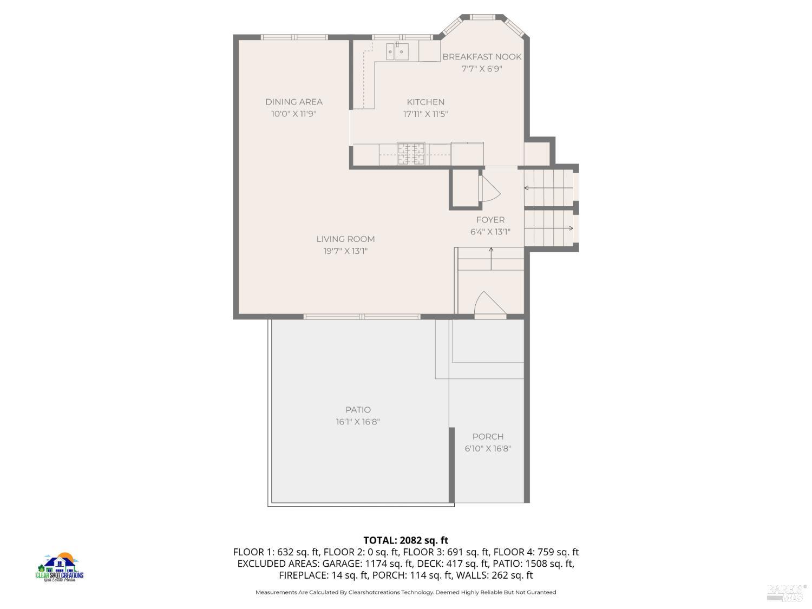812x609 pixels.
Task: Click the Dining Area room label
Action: pos(293,102)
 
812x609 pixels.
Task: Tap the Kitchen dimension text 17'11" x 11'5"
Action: pos(425,114)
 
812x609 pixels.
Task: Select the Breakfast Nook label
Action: pos(482,57)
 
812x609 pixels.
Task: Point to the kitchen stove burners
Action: pos(411,153)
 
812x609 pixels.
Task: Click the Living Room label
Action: pos(345,239)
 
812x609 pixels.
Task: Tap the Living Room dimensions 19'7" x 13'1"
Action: pos(345,251)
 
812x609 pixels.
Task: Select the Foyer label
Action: pos(490,220)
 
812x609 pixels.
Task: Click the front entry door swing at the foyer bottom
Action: pos(489,304)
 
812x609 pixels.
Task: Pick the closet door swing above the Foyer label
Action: pos(489,188)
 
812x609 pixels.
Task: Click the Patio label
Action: pos(358,410)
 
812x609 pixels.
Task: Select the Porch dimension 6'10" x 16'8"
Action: pos(488,449)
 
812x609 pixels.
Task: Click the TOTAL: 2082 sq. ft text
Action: pos(405,540)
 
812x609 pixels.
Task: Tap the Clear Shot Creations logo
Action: pos(60,568)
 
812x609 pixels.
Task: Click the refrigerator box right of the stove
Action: pos(467,154)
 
